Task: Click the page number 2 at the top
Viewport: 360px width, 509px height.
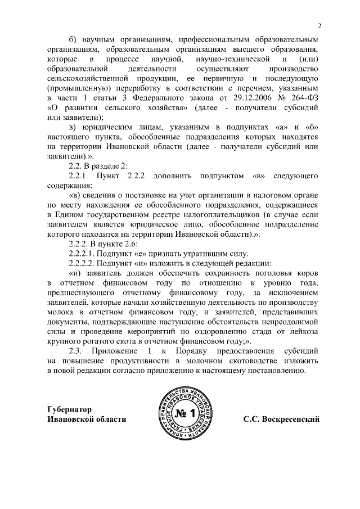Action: pyautogui.click(x=319, y=26)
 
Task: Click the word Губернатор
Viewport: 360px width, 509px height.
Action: pyautogui.click(x=69, y=409)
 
